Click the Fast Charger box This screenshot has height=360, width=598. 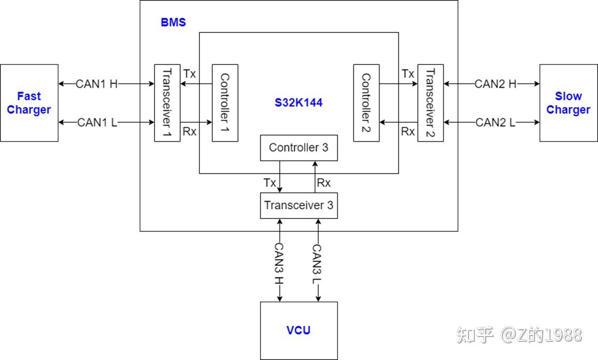29,103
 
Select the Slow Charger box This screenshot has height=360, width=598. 568,103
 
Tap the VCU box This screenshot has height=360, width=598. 298,330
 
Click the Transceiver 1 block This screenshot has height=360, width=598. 167,103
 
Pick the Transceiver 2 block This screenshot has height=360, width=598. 430,103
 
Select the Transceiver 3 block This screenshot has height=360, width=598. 298,205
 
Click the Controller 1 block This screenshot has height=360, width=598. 225,103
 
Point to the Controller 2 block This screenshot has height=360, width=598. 366,103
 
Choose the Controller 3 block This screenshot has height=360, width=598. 298,148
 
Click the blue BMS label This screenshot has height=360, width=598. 173,23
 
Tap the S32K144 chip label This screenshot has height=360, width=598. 298,103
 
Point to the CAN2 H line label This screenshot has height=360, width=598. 496,84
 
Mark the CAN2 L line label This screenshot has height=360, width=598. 496,122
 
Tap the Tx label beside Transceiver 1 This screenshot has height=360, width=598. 190,73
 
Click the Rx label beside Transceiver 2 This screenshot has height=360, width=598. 408,132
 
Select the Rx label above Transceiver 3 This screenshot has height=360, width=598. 324,183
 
